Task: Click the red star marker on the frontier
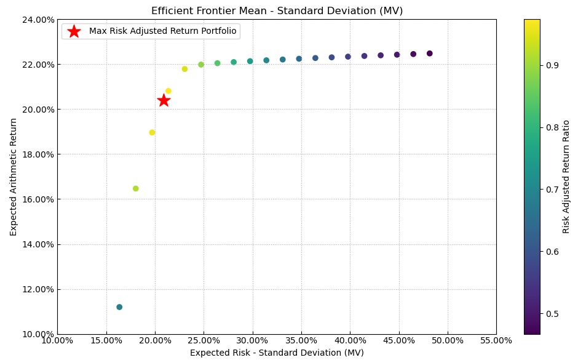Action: [164, 100]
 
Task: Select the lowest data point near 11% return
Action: [119, 307]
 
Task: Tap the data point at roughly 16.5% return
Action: [136, 188]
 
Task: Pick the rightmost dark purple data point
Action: [430, 54]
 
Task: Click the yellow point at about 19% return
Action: [152, 132]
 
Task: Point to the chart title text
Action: [277, 11]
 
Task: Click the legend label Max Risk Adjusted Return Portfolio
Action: [162, 31]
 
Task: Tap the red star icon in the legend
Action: [74, 31]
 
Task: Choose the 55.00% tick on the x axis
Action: [496, 341]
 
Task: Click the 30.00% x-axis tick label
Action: [252, 341]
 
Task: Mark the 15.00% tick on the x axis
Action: [106, 341]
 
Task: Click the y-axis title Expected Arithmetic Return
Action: [14, 177]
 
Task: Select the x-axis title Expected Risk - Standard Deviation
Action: [277, 353]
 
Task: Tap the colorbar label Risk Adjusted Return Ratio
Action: [566, 177]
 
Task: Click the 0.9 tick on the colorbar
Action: [551, 65]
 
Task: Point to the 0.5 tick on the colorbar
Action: [551, 314]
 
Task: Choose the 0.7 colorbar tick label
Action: [551, 190]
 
